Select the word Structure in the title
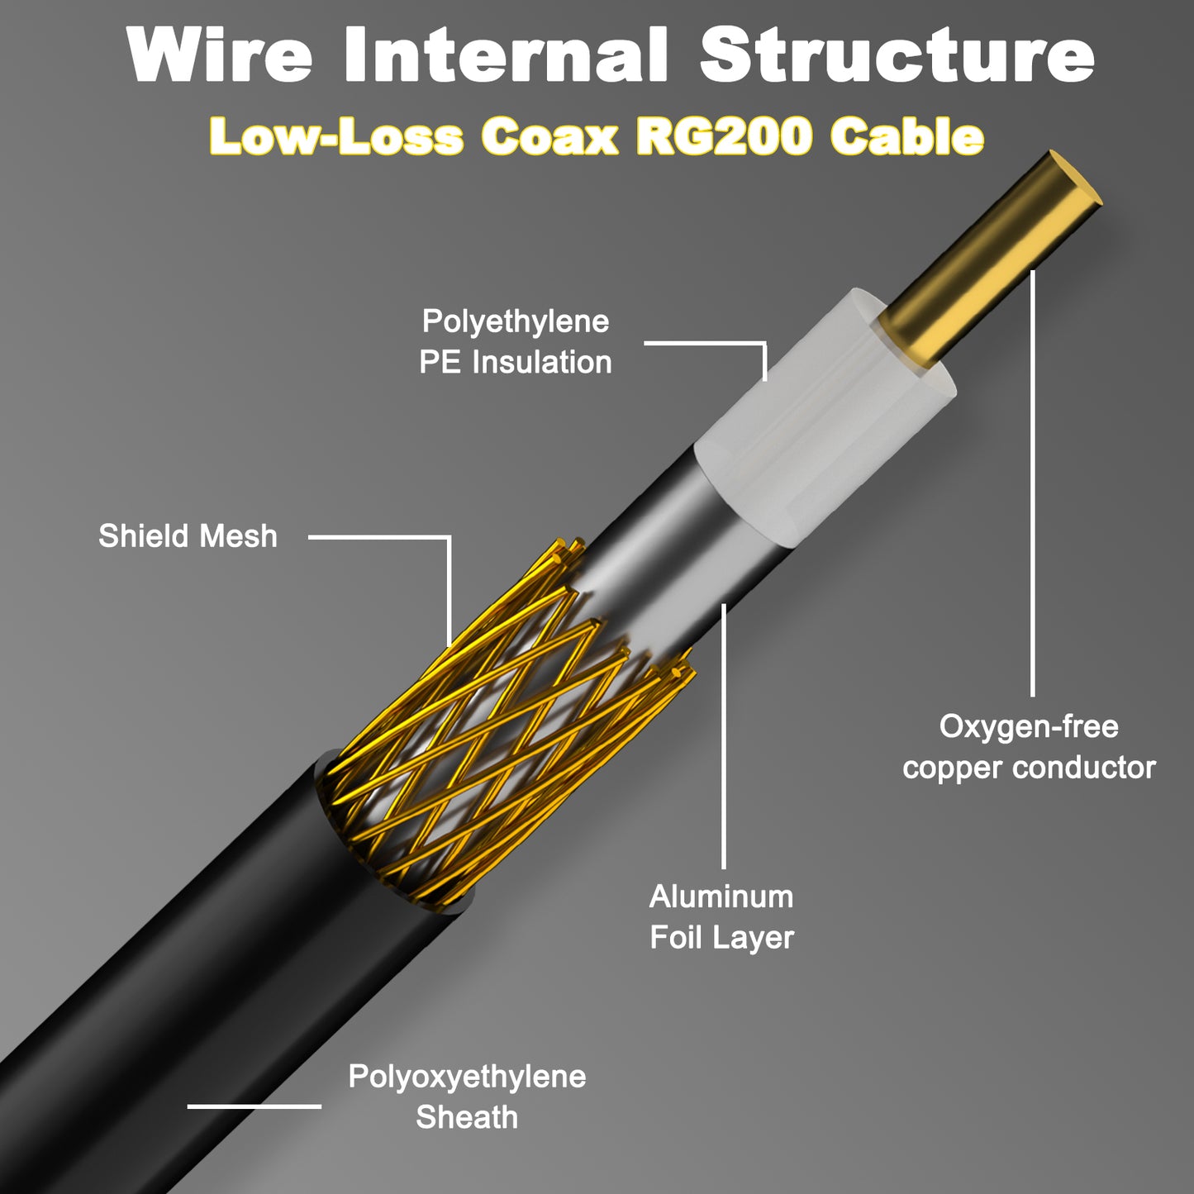tap(897, 55)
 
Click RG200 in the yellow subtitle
tap(724, 136)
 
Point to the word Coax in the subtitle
tap(549, 136)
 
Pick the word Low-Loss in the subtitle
tap(335, 136)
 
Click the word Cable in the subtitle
tap(906, 136)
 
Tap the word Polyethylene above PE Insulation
tap(516, 321)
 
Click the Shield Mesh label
tap(188, 536)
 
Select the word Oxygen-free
tap(1029, 727)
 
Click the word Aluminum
tap(721, 897)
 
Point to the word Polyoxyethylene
tap(467, 1077)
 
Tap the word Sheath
tap(467, 1118)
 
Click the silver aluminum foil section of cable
tap(653, 562)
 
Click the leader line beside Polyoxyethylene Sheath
tap(254, 1106)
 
